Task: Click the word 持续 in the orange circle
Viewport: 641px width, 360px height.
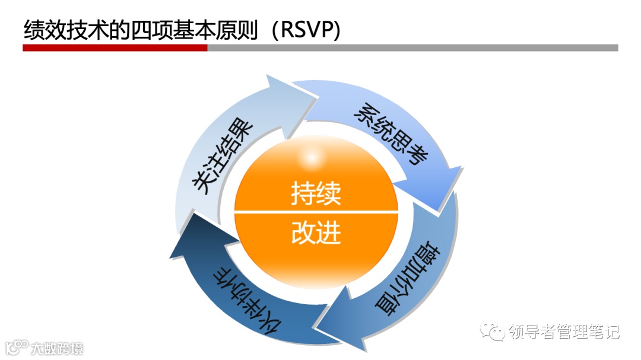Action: (x=316, y=193)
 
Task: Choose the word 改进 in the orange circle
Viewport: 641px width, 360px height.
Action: (x=316, y=233)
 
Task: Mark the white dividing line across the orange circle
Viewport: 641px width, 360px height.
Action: (x=316, y=212)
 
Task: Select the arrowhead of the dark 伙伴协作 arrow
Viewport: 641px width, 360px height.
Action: (x=193, y=237)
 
